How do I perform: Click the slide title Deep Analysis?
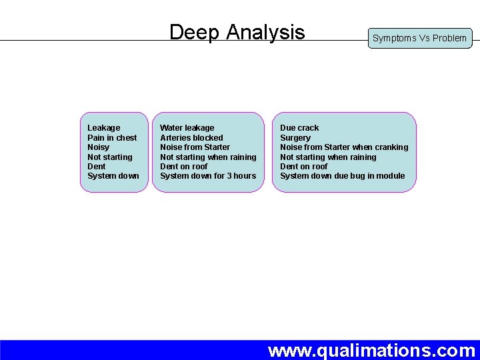[237, 32]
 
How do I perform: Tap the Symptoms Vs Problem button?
[419, 38]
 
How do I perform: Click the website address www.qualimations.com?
[371, 350]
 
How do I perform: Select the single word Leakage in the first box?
[104, 128]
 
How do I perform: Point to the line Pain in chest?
[112, 138]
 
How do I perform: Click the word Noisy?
[98, 147]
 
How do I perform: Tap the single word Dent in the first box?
[97, 167]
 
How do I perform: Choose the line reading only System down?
[113, 176]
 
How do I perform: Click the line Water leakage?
[187, 128]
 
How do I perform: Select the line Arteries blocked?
[191, 138]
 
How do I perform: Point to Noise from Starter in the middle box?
[195, 147]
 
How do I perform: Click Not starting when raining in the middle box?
[208, 157]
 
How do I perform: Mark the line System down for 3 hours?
[208, 176]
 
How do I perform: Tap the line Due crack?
[299, 128]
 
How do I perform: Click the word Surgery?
[295, 138]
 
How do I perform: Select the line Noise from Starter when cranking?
[344, 147]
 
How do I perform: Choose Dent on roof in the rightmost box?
[304, 167]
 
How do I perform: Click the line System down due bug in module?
[342, 176]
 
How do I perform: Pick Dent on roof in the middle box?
[184, 167]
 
